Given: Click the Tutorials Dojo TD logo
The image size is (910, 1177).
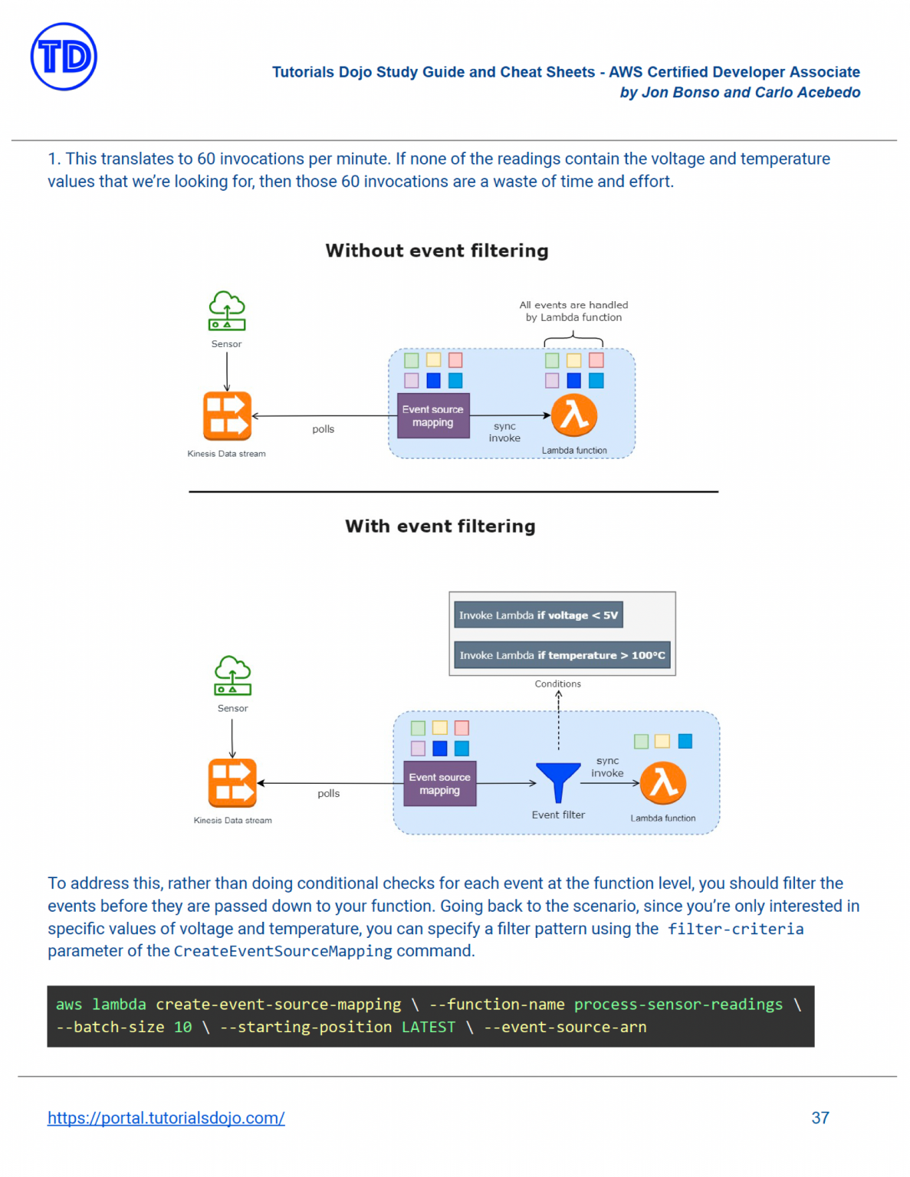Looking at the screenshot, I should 64,57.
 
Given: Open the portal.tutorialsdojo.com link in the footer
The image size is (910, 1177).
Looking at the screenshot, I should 166,1118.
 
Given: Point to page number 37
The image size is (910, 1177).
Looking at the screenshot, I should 820,1118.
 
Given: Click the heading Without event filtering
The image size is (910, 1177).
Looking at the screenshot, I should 436,251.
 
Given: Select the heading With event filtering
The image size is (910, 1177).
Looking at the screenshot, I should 440,526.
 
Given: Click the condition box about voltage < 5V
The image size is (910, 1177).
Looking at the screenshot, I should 538,615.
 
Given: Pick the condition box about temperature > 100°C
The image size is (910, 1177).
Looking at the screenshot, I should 562,655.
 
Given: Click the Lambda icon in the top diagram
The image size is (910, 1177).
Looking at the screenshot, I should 574,415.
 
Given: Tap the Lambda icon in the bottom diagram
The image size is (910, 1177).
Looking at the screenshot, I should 663,783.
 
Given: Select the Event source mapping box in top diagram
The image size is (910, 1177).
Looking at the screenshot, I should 432,416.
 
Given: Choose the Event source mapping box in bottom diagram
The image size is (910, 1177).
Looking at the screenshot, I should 439,784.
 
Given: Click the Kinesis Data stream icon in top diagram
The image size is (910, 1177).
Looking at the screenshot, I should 227,416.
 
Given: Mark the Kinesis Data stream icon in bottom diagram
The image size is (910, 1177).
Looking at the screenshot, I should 232,783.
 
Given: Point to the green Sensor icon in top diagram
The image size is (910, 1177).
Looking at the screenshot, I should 227,311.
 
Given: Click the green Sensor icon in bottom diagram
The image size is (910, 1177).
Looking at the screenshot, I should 232,676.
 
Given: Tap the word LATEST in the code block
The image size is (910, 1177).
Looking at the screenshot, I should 428,1028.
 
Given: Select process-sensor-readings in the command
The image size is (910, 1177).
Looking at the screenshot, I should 678,1005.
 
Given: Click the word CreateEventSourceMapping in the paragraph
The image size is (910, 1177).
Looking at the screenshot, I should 283,952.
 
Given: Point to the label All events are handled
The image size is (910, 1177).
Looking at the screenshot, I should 573,305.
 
